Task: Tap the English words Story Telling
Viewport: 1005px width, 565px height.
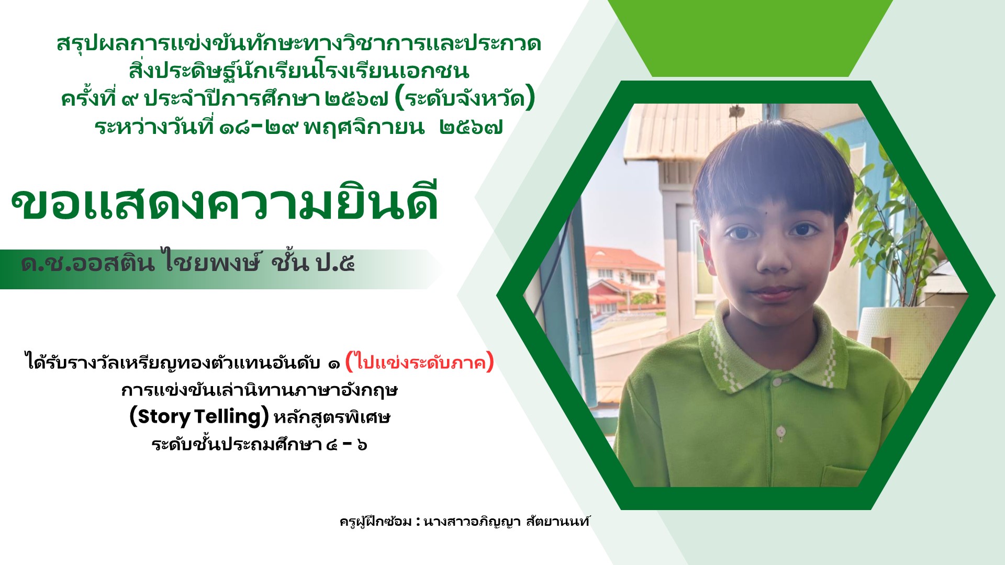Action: coord(199,417)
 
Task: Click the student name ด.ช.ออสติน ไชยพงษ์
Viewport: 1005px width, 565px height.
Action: coord(140,263)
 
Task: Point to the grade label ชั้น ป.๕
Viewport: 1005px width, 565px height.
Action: coord(313,263)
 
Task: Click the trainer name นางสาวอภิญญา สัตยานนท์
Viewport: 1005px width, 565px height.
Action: coord(506,521)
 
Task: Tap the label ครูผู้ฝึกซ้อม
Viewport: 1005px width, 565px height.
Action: coord(375,521)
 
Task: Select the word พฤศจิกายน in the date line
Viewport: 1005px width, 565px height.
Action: coord(364,127)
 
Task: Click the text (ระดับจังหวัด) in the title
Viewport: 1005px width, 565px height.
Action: coord(465,98)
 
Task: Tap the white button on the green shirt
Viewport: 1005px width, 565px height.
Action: coord(780,432)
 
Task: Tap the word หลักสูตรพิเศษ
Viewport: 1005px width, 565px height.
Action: coord(332,417)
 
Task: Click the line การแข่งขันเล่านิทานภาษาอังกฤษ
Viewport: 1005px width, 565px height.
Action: coord(260,390)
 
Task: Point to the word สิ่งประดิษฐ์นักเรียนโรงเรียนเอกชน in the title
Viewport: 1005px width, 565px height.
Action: coord(298,70)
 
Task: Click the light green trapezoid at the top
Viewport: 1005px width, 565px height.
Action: coord(750,38)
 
